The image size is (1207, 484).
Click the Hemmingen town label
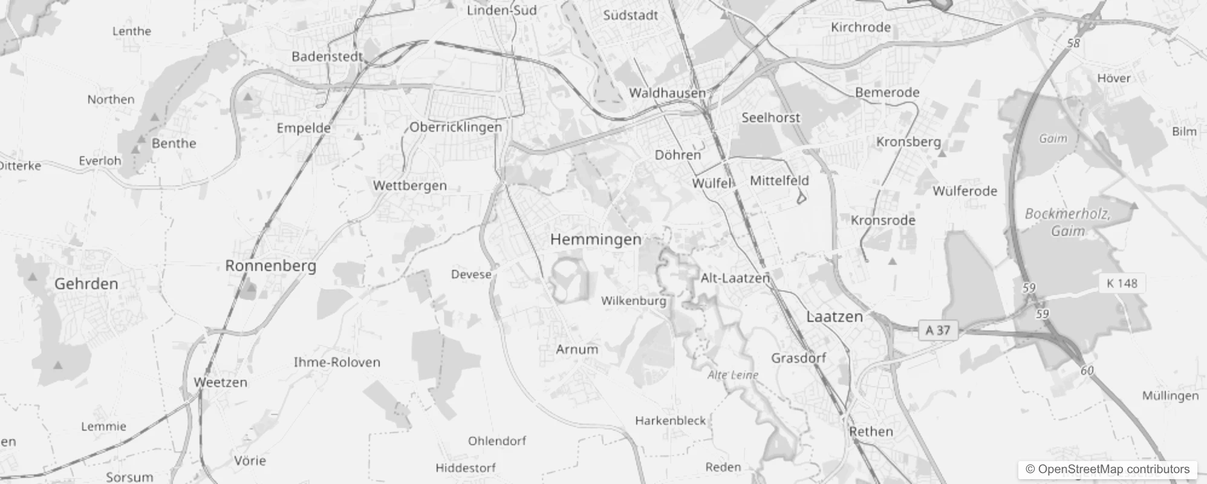point(596,240)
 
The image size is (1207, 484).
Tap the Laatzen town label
point(834,316)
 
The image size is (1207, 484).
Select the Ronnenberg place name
point(270,266)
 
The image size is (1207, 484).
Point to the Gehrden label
point(86,284)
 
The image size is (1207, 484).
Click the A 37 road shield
point(937,330)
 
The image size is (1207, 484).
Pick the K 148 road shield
point(1122,283)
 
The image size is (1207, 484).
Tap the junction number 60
point(1087,370)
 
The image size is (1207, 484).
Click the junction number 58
point(1074,44)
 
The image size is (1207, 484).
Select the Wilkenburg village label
point(633,301)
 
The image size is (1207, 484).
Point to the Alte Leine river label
point(733,375)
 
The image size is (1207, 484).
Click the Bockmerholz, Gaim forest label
point(1067,222)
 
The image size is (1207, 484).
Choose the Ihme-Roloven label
point(337,362)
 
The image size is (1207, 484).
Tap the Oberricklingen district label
point(455,127)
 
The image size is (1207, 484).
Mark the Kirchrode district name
point(861,27)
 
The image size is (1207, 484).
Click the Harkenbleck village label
point(670,420)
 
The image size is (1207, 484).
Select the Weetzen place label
point(220,382)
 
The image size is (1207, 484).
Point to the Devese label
point(471,275)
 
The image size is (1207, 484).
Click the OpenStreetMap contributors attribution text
point(1107,469)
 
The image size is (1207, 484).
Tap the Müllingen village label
point(1170,396)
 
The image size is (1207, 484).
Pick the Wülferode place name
point(965,191)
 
